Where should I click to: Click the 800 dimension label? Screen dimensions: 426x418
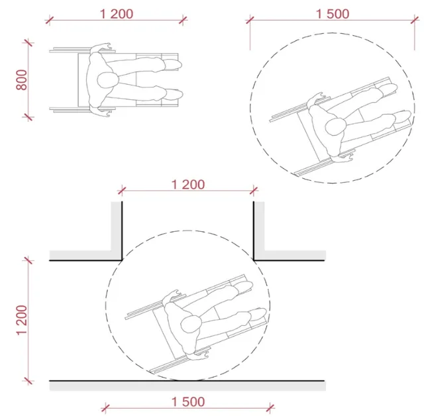pos(22,79)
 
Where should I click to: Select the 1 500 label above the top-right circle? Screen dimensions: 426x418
pos(333,14)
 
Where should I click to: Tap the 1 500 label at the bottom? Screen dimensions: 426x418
pos(188,402)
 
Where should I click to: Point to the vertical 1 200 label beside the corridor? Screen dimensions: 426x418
pos(22,320)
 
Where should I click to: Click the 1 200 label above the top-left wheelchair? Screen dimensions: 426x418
pos(117,14)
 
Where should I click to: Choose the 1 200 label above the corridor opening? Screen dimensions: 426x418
pos(188,185)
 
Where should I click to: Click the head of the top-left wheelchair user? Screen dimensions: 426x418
pos(108,80)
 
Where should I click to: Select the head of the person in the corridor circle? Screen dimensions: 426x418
pos(191,324)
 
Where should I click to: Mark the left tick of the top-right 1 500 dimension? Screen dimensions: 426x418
pos(250,20)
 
